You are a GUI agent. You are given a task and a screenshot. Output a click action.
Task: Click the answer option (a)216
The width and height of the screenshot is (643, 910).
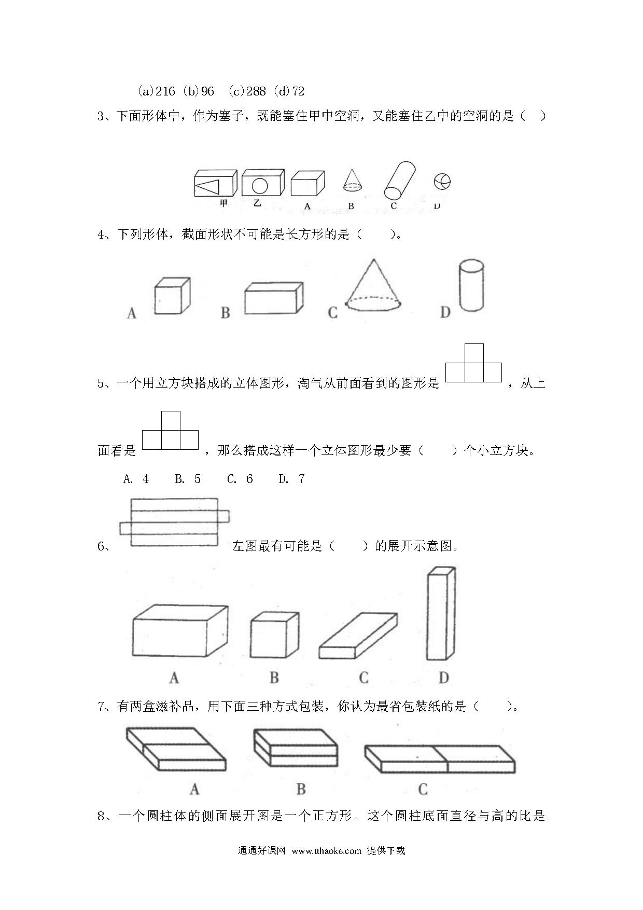tap(157, 91)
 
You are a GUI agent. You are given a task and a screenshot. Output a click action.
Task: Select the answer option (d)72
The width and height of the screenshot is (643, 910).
tap(291, 91)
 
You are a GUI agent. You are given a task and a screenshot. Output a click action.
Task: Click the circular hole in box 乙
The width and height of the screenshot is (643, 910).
tap(260, 185)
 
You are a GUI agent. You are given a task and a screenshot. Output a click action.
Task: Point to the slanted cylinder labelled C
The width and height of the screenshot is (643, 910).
tap(400, 180)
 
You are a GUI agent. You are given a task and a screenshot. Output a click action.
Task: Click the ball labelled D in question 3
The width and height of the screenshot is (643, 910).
tap(442, 182)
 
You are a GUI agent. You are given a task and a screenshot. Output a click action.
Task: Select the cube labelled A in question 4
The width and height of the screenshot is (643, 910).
tap(172, 295)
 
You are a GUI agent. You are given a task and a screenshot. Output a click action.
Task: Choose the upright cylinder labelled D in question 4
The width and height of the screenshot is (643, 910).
tap(471, 286)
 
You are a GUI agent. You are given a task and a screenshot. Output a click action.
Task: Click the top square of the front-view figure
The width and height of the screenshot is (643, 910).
tap(474, 353)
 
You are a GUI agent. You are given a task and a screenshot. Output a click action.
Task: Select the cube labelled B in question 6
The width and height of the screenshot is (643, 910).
tap(274, 635)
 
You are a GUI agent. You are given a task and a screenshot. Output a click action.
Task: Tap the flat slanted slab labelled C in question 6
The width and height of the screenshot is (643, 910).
tap(358, 636)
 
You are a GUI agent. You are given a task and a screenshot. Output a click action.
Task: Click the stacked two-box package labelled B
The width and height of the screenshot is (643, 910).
tap(296, 748)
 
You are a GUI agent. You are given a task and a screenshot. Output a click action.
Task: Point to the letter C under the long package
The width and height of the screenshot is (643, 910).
tap(423, 789)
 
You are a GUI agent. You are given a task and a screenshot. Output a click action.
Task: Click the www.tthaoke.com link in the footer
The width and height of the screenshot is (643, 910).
tap(326, 850)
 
